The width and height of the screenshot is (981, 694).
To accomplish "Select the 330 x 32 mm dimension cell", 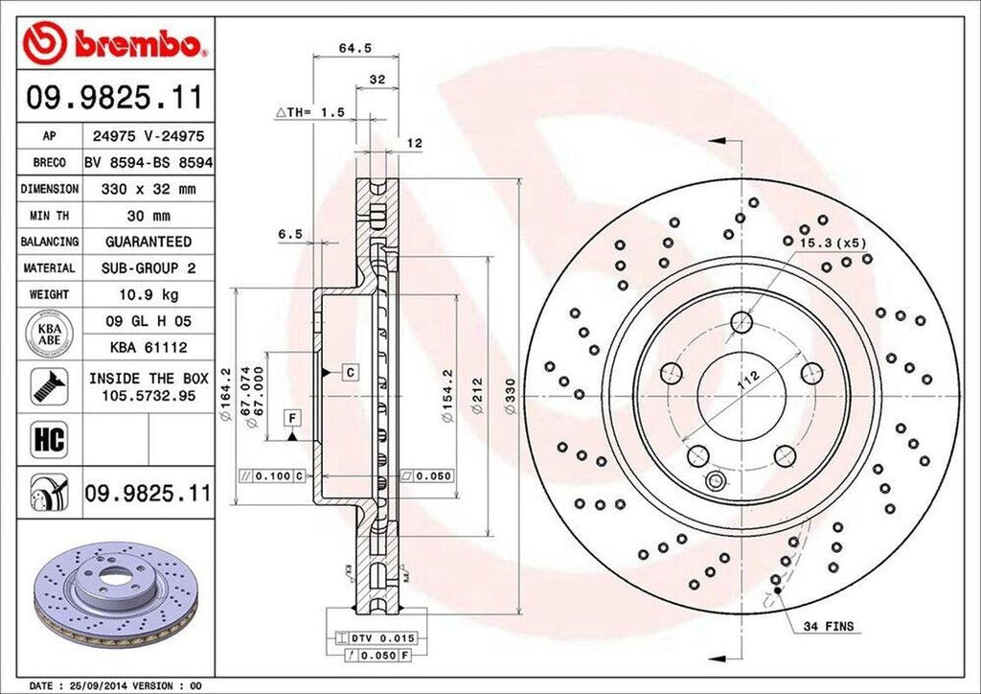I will tap(148, 190).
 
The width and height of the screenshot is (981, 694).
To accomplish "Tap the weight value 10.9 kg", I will tap(148, 293).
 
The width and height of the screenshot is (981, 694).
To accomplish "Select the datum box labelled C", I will tap(351, 371).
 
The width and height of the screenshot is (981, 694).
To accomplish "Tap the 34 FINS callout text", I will tap(829, 626).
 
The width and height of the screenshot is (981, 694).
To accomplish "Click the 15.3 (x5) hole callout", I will tap(833, 243).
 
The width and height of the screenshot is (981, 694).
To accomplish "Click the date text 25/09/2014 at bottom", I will tap(104, 685).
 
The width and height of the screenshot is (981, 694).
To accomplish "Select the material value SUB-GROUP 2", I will tap(148, 267).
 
